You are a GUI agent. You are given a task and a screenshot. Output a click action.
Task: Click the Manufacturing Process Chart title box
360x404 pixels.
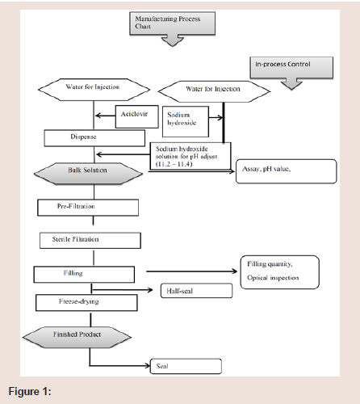(x=172, y=23)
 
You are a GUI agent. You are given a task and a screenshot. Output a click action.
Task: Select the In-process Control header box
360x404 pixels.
(x=291, y=67)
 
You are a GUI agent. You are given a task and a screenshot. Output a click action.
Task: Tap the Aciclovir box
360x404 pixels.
(x=137, y=116)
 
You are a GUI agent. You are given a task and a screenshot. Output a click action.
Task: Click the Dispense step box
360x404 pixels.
(x=94, y=138)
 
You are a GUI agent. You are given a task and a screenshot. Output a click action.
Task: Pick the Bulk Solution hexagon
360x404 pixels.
(x=88, y=174)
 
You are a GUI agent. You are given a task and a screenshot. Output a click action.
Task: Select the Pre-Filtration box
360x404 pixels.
(x=88, y=208)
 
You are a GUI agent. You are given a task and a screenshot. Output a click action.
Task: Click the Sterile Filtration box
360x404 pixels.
(x=90, y=240)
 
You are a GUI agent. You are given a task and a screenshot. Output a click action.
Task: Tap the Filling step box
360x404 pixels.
(x=84, y=275)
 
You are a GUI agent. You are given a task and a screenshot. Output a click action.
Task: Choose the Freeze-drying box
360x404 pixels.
(x=86, y=303)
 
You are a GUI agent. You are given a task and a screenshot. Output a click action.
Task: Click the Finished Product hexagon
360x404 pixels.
(x=77, y=337)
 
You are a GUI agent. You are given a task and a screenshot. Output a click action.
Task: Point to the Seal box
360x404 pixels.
(x=186, y=366)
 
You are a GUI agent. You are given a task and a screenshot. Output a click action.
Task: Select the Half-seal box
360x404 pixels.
(x=196, y=291)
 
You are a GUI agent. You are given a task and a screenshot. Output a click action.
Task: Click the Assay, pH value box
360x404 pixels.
(x=287, y=171)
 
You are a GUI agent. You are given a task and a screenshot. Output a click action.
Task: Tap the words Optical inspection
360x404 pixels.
(x=273, y=278)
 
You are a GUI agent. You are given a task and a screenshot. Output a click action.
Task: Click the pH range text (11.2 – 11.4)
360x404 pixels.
(x=174, y=164)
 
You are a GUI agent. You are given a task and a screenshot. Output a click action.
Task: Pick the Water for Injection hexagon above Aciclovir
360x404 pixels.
(x=94, y=90)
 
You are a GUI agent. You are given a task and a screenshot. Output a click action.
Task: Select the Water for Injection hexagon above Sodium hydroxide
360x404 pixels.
(x=214, y=91)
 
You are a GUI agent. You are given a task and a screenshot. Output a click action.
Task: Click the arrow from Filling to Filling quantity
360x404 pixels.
(x=191, y=271)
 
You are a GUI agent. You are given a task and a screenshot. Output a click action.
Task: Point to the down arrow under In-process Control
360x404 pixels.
(x=291, y=84)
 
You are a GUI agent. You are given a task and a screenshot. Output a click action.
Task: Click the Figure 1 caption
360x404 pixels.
(x=30, y=391)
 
